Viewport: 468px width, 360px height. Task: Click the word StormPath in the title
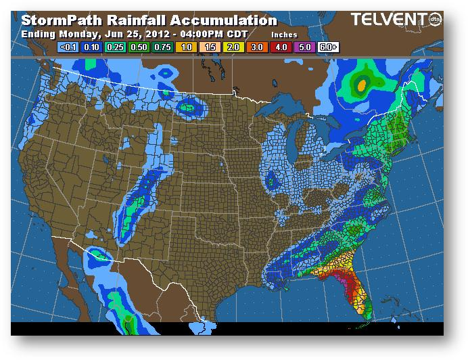(58, 20)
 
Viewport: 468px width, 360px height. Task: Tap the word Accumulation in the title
(223, 20)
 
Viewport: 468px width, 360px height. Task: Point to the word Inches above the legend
(284, 34)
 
